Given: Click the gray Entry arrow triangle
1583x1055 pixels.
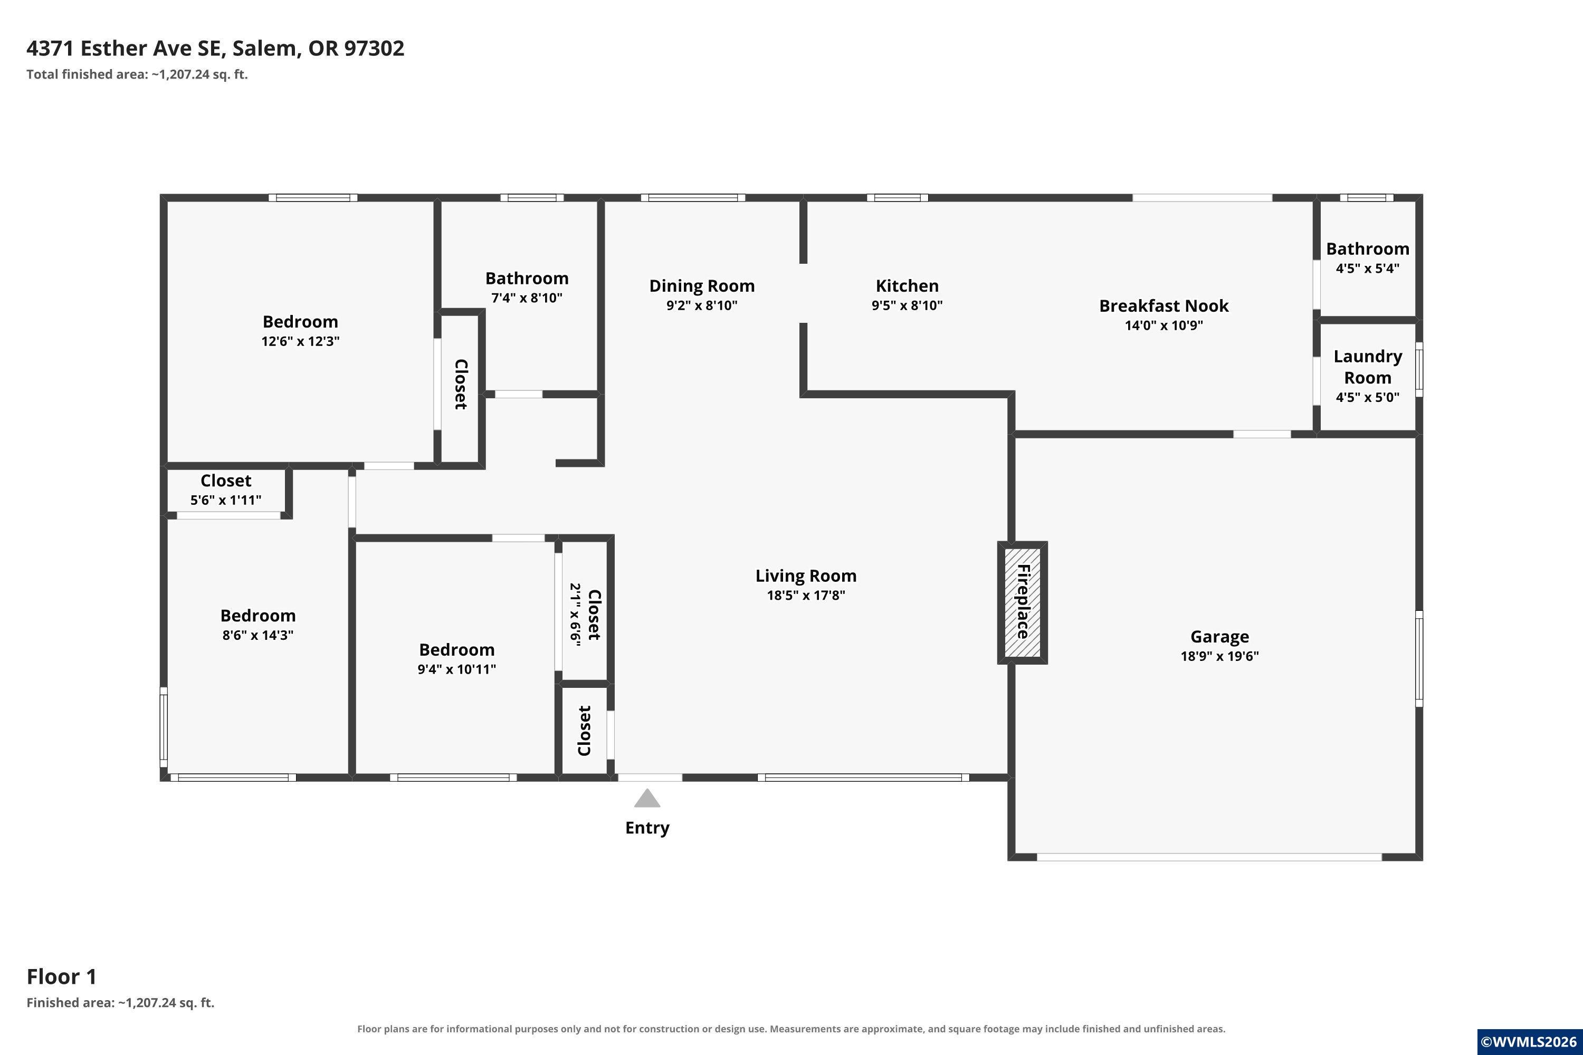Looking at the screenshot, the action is [x=647, y=799].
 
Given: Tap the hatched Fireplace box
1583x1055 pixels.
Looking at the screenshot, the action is [x=1023, y=603].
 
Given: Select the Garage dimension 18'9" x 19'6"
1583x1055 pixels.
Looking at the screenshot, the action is [x=1219, y=656].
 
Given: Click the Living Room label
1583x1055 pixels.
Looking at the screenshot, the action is [x=806, y=576].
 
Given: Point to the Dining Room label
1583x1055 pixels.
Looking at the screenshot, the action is [x=702, y=286].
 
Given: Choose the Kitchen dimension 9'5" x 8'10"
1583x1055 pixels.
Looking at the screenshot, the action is [x=907, y=305].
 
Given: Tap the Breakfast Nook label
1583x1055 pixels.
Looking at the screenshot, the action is [x=1164, y=306].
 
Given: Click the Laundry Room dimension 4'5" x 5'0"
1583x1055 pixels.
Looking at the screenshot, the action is [x=1368, y=398].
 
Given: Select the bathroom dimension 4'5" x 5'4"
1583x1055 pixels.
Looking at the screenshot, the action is [x=1368, y=268].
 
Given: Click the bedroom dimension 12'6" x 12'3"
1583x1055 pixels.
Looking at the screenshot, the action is [x=300, y=341].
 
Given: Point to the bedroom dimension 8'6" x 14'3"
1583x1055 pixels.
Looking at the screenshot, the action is [x=258, y=635].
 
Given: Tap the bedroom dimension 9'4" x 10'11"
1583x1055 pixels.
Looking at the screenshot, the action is [x=456, y=669].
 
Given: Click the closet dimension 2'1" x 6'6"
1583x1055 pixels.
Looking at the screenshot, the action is [x=576, y=615].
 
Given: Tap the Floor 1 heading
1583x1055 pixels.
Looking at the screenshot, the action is [x=62, y=976].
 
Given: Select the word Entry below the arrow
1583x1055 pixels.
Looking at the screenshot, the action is [x=647, y=828].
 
